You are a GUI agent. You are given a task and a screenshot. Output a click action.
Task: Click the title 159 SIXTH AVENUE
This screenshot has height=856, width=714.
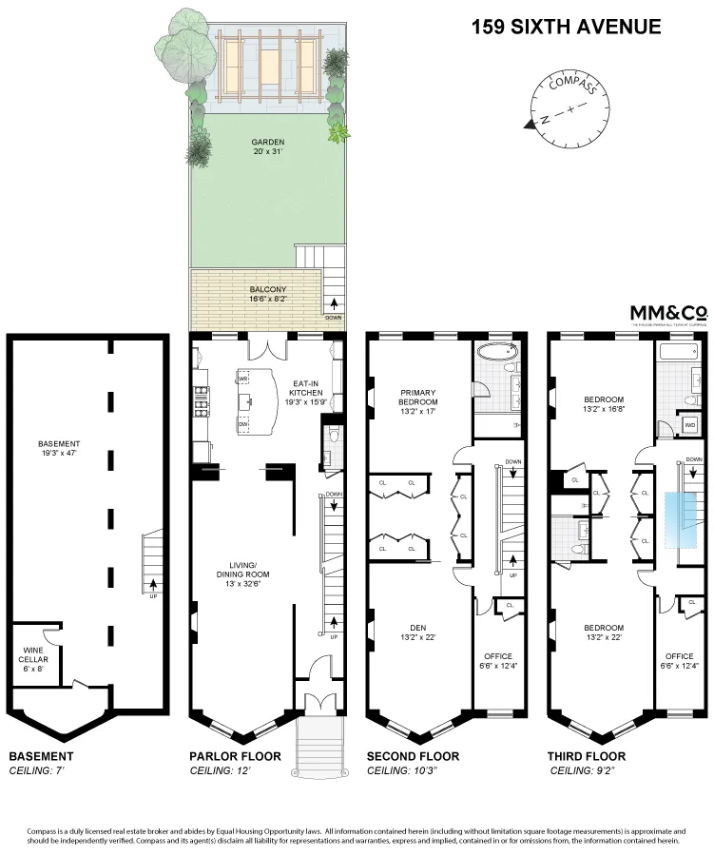pyautogui.click(x=566, y=27)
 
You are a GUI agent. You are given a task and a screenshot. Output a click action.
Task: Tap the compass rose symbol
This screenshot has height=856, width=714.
pyautogui.click(x=569, y=111)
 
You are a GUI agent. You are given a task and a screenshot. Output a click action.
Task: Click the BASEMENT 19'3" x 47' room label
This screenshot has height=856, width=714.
pyautogui.click(x=59, y=450)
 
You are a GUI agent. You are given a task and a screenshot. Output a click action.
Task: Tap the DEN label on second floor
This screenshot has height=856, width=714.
pyautogui.click(x=417, y=632)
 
